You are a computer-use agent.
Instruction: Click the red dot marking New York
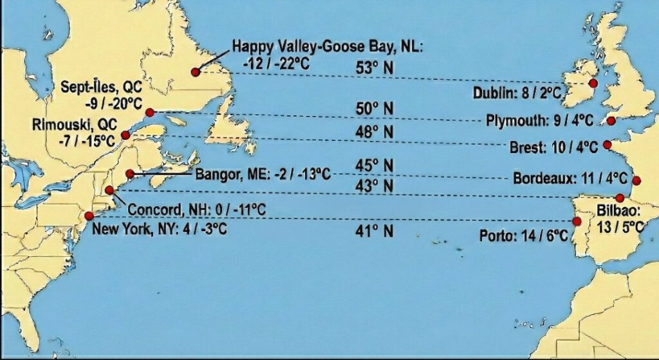[89, 216]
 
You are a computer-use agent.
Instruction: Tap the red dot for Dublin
[592, 84]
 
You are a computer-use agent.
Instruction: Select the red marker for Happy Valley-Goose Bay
[195, 72]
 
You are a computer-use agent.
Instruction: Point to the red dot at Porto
[577, 223]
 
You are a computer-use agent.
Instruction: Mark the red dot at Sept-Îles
[151, 113]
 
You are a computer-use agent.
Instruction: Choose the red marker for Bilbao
[620, 198]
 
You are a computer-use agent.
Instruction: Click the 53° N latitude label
[375, 67]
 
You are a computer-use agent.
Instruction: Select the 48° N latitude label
[375, 132]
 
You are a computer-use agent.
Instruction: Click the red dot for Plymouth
[611, 120]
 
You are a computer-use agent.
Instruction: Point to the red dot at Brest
[607, 145]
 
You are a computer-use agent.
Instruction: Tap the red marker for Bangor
[131, 174]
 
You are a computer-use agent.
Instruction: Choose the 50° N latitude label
[375, 109]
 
